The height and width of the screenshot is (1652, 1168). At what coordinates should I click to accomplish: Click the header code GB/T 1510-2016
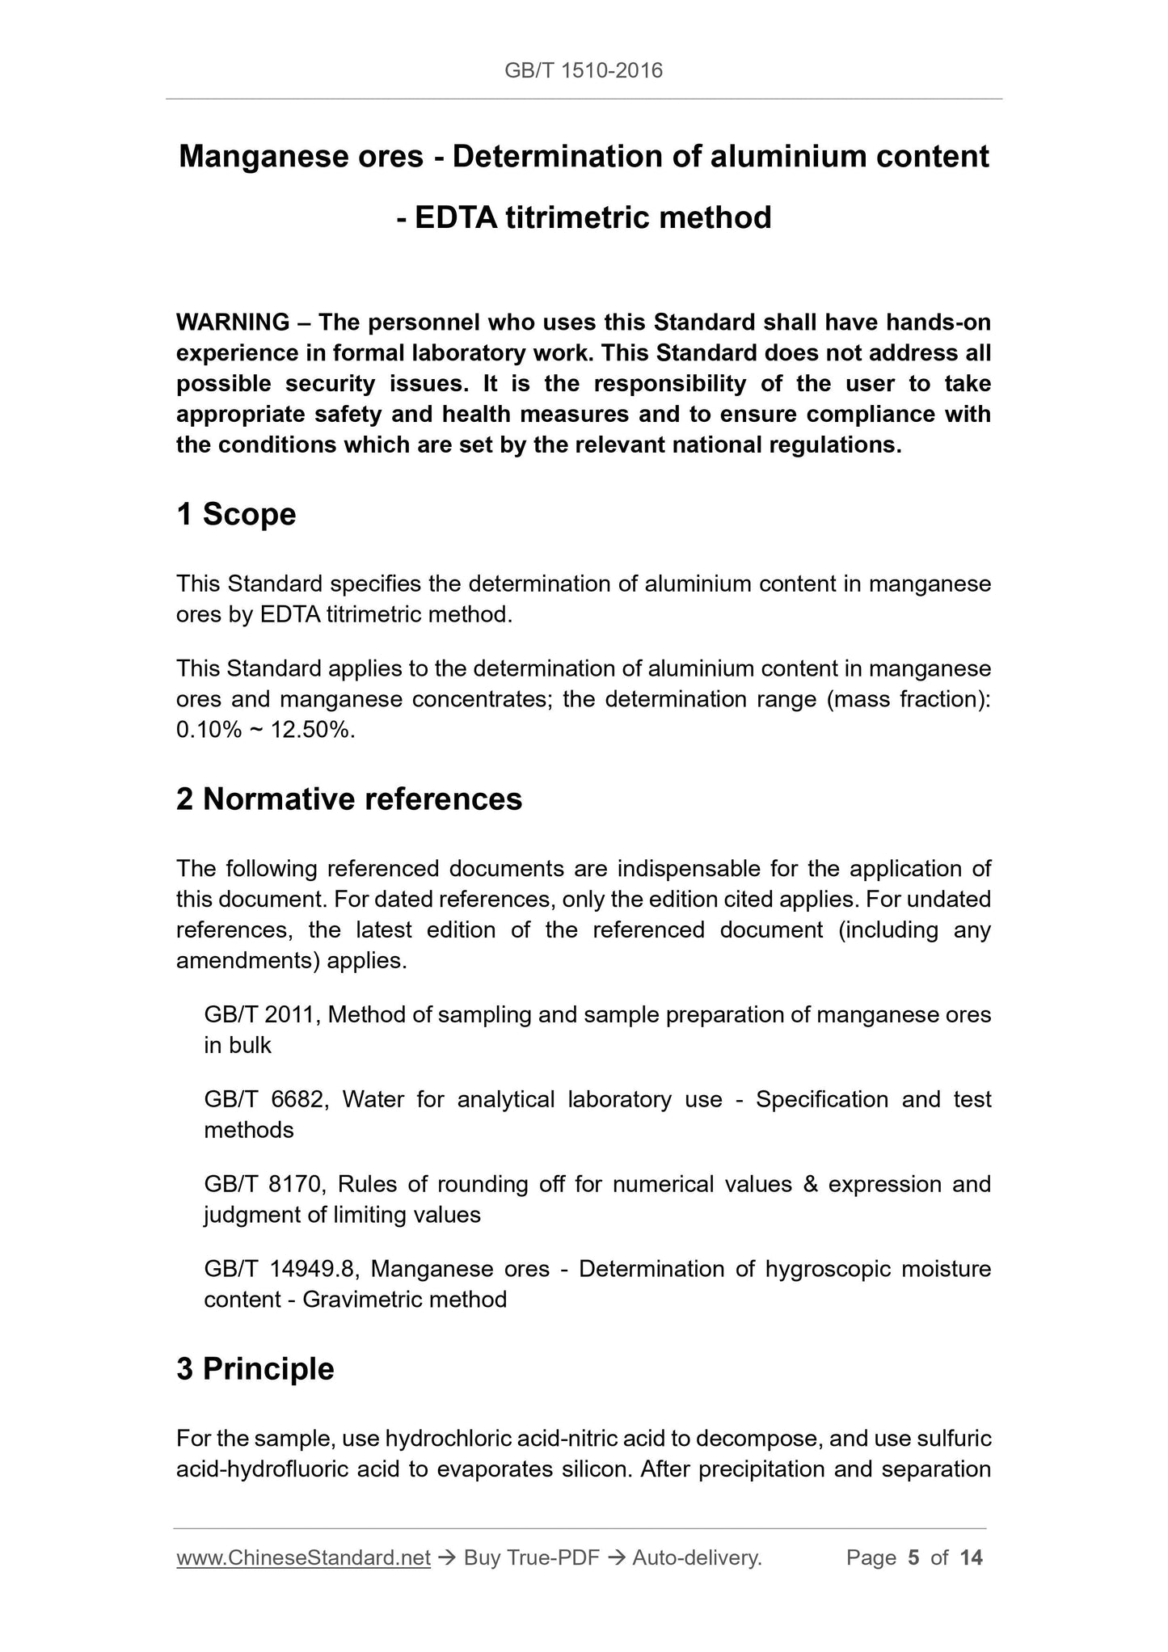[583, 71]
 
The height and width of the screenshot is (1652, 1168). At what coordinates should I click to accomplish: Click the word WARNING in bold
[232, 322]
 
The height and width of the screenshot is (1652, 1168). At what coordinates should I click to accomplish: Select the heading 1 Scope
[236, 514]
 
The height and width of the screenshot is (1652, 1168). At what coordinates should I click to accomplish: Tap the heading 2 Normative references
[349, 799]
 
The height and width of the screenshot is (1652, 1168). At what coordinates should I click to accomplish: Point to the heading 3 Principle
[255, 1369]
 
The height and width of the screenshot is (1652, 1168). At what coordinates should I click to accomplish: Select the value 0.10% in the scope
[209, 730]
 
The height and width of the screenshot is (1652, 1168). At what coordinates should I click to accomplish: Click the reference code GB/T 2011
[263, 1014]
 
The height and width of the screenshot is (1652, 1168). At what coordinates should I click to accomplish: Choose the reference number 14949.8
[313, 1269]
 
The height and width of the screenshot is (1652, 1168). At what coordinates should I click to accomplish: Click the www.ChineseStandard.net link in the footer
[303, 1557]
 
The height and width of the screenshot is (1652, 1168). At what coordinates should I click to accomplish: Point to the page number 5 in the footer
[913, 1557]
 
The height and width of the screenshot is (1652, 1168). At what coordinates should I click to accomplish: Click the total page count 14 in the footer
[971, 1557]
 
